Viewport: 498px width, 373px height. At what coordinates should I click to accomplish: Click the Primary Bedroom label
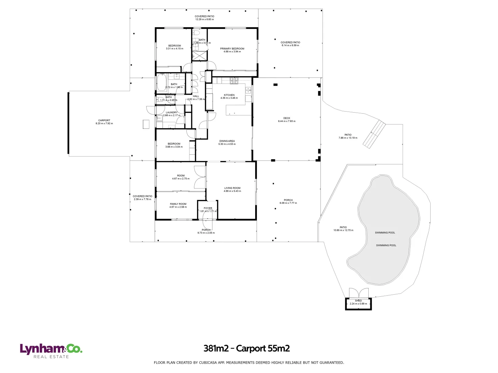(x=232, y=49)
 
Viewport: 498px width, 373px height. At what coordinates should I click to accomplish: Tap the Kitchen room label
(x=229, y=95)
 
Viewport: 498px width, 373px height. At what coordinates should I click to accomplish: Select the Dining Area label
(x=227, y=141)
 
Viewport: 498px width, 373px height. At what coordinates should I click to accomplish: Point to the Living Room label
(x=232, y=188)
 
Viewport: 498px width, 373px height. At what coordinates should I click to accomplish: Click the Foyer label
(x=208, y=208)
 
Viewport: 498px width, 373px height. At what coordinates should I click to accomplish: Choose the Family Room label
(x=178, y=204)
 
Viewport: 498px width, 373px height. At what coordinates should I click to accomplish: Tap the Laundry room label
(x=172, y=113)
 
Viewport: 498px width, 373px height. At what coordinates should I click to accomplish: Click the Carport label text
(x=104, y=121)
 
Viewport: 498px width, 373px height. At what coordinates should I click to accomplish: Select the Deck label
(x=287, y=118)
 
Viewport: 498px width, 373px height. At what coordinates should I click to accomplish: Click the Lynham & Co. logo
(x=51, y=350)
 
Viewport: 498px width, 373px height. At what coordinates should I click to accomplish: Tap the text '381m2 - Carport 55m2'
(x=246, y=348)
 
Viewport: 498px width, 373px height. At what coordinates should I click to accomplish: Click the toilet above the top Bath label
(x=196, y=33)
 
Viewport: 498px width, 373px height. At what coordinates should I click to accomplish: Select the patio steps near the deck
(x=374, y=134)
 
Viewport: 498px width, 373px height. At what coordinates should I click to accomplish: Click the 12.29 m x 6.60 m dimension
(x=204, y=19)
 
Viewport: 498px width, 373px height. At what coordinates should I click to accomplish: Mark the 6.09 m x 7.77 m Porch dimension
(x=288, y=203)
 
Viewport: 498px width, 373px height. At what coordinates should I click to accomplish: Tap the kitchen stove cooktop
(x=234, y=80)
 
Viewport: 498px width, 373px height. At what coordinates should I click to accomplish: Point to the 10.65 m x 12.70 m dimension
(x=343, y=230)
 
